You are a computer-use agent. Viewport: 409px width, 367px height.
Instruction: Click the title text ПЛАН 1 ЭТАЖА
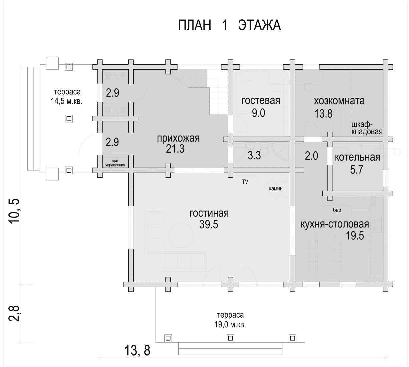[229, 25]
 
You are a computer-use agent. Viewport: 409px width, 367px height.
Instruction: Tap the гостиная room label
[209, 213]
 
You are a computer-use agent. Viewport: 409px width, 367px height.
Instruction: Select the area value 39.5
[209, 224]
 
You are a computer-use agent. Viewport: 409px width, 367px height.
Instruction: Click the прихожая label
[178, 139]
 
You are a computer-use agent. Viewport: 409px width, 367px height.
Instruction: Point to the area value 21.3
[175, 149]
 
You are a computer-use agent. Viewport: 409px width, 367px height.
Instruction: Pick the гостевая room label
[261, 100]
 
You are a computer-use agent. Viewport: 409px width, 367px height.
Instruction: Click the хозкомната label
[339, 101]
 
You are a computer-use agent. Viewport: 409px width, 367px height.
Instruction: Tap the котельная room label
[357, 157]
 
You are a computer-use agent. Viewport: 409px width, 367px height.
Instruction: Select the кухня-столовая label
[335, 224]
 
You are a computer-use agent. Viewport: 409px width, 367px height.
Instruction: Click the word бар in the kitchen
[337, 210]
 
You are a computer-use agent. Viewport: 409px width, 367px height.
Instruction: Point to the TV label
[245, 182]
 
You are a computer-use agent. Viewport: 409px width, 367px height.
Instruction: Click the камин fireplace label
[276, 189]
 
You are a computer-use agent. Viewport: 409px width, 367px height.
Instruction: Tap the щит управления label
[115, 163]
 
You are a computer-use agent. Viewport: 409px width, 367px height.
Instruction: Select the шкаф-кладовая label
[367, 128]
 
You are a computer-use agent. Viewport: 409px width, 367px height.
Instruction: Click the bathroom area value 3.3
[254, 156]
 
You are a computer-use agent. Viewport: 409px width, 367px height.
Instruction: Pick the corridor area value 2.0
[311, 156]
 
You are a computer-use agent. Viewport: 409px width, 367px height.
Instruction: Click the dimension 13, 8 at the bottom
[137, 350]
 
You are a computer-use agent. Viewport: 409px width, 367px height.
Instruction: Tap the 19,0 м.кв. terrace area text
[230, 325]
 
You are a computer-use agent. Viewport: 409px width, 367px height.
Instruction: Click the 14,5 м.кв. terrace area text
[67, 101]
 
